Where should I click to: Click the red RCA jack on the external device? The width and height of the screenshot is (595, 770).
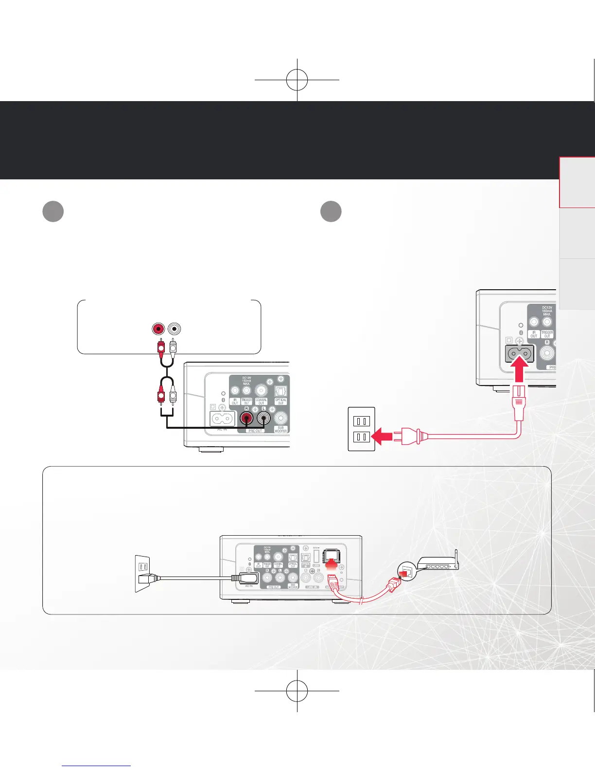click(158, 329)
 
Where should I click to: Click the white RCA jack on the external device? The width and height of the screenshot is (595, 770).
click(174, 329)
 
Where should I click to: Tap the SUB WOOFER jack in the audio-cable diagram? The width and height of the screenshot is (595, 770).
click(281, 418)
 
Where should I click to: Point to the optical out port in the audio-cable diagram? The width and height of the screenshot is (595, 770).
click(281, 391)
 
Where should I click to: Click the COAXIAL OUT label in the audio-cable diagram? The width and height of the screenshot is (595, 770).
click(262, 402)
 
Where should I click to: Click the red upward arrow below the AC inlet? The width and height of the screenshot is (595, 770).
click(520, 371)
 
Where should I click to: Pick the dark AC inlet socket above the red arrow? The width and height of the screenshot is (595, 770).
click(519, 353)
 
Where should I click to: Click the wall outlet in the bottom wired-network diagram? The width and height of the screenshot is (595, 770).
click(142, 574)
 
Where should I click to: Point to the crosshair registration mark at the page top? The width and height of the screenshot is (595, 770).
click(297, 79)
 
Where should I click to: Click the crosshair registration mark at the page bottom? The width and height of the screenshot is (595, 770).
click(297, 690)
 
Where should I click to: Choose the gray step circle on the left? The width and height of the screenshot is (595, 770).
click(53, 211)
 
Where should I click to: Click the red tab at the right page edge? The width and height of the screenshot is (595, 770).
click(577, 182)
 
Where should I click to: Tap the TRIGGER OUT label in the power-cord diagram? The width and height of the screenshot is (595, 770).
click(547, 335)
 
